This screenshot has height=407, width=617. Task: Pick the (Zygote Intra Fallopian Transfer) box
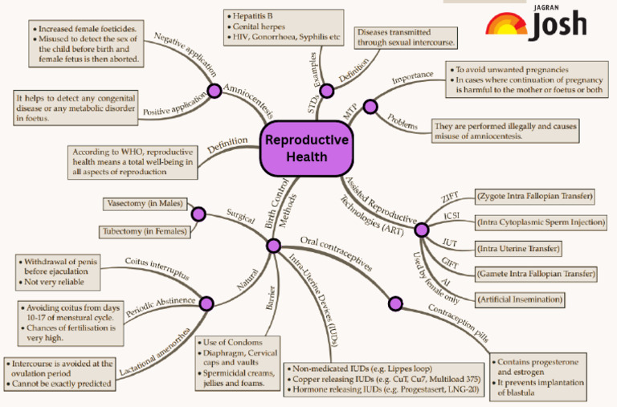click(534, 196)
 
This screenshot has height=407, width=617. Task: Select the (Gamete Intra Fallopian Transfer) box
click(535, 274)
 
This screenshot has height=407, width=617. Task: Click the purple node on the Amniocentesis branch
click(215, 90)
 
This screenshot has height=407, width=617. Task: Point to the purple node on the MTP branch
click(370, 106)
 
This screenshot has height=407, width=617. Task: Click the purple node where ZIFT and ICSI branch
click(421, 230)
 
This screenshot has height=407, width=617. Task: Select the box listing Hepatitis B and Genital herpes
click(275, 26)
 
